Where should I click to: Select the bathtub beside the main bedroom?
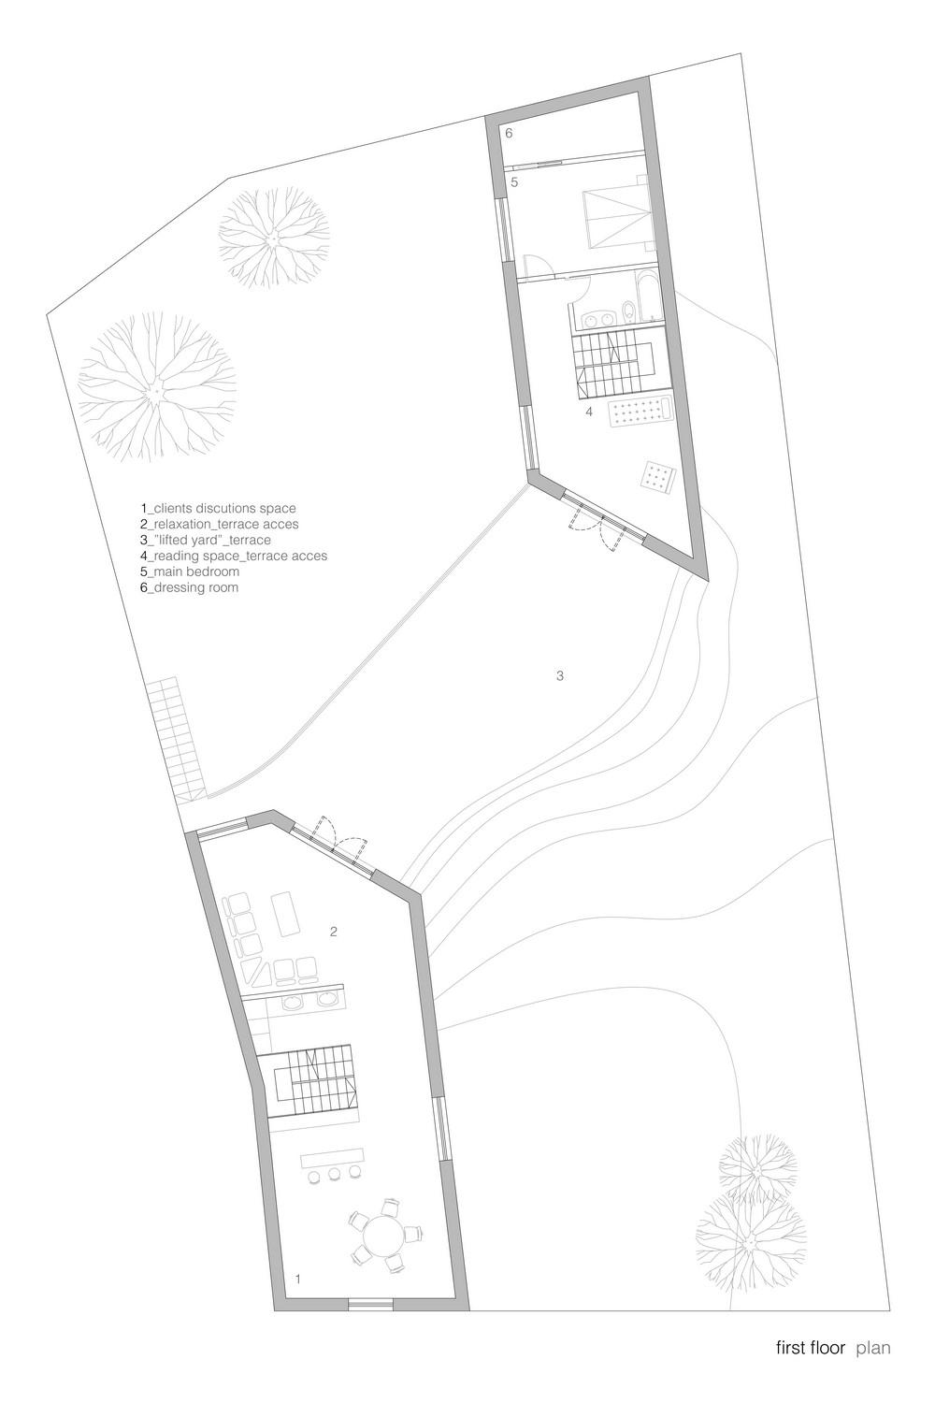tap(648, 295)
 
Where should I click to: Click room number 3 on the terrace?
tap(560, 676)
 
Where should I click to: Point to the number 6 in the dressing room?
tap(510, 133)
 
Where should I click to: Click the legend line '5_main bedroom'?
tap(190, 571)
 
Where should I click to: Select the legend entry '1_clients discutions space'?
tap(218, 508)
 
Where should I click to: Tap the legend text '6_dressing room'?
tap(189, 587)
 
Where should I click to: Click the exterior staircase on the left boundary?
tap(177, 742)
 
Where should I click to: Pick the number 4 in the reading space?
tap(589, 412)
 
